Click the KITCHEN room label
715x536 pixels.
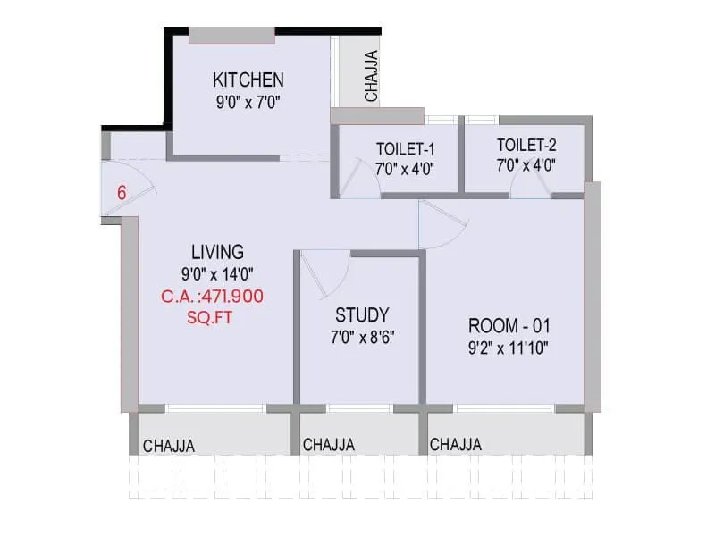click(248, 80)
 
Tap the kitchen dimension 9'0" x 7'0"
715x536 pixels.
click(248, 101)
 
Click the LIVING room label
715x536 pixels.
click(217, 252)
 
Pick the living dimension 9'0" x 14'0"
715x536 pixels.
click(217, 274)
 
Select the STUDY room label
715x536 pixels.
click(362, 315)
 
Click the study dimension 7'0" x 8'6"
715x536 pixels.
click(362, 338)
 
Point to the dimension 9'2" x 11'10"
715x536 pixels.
click(508, 346)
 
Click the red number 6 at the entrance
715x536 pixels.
click(122, 191)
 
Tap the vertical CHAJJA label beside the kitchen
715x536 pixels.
click(372, 75)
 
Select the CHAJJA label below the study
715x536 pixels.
click(329, 445)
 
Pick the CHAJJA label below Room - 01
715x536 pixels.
click(456, 444)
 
